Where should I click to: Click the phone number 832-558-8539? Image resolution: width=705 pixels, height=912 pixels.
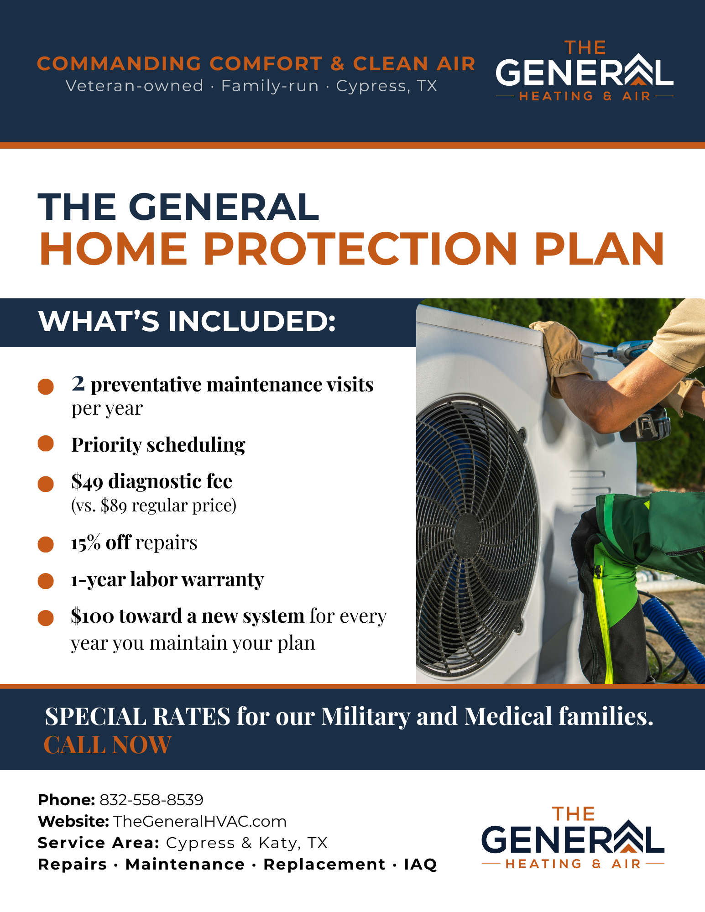click(151, 800)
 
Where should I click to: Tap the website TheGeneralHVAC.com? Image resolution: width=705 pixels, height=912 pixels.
click(200, 821)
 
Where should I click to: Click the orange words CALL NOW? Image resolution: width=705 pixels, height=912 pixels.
click(107, 745)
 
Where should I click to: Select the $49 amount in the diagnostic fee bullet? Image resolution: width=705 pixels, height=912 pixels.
click(87, 482)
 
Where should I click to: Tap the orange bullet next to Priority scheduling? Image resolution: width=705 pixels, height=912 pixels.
click(46, 443)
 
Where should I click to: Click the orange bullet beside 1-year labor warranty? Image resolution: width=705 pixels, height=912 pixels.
click(46, 581)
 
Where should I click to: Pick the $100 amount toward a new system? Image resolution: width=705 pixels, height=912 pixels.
click(92, 616)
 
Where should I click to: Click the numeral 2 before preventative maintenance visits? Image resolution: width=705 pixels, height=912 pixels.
click(78, 383)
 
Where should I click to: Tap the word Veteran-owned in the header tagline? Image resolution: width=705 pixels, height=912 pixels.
click(135, 86)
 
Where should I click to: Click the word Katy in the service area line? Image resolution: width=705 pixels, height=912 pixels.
click(279, 843)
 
